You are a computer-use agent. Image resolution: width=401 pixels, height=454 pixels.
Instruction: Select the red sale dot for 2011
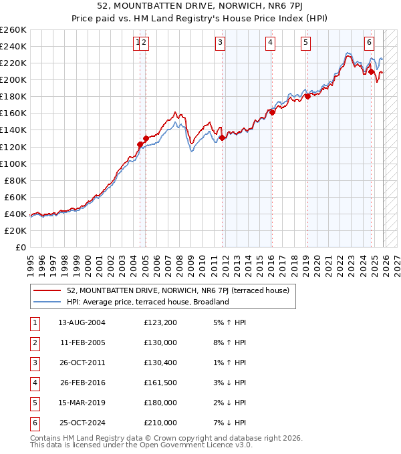tap(222, 138)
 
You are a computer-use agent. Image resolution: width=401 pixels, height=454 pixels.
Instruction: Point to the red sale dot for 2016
tap(273, 112)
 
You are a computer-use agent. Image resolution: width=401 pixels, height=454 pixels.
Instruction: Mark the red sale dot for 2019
tap(307, 97)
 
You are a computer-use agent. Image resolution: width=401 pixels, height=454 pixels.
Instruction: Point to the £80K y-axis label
tap(15, 180)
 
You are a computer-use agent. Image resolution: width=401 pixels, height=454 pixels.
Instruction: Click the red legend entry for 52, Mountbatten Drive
tap(178, 290)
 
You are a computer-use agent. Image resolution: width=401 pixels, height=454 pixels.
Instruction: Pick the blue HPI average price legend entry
tap(148, 302)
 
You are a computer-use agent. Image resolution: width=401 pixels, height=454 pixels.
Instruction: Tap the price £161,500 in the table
tap(160, 383)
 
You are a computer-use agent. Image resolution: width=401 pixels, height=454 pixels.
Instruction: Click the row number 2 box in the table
tap(33, 343)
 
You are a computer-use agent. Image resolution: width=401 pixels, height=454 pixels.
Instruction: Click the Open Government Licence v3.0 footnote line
tap(141, 445)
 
